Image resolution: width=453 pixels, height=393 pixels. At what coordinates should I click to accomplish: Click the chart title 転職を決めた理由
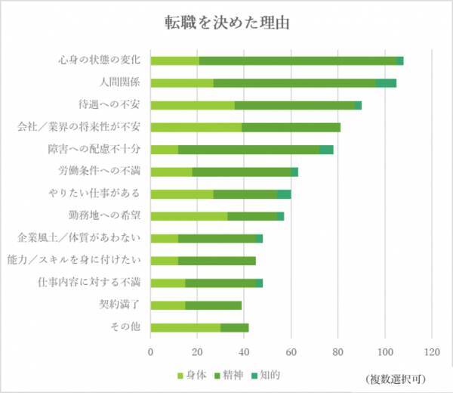click(226, 22)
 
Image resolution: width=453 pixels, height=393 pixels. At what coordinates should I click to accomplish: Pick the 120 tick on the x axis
click(432, 351)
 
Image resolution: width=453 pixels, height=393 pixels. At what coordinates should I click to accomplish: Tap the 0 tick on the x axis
click(151, 351)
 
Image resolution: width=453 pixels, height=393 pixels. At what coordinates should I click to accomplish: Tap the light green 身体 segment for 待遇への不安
click(193, 105)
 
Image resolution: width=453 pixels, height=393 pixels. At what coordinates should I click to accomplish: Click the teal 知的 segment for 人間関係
click(387, 82)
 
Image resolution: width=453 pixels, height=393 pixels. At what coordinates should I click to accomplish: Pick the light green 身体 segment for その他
click(186, 327)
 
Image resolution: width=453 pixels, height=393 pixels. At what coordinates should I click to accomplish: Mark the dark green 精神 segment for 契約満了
click(214, 305)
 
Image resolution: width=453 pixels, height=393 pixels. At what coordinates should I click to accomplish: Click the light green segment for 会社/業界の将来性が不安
click(196, 127)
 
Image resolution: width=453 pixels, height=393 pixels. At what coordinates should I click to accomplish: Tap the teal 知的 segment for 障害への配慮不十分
click(326, 150)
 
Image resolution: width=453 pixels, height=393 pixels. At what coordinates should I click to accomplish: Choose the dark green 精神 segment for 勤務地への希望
click(252, 216)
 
